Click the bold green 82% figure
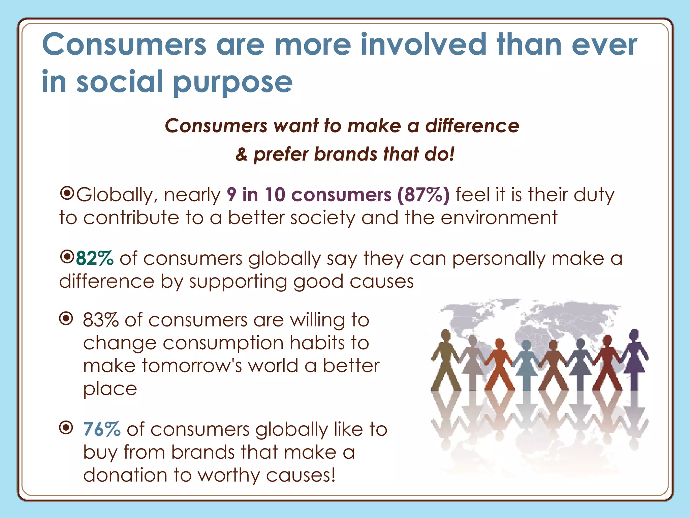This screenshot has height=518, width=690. pyautogui.click(x=95, y=259)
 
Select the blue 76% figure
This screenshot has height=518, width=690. pyautogui.click(x=102, y=429)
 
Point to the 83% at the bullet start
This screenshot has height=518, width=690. pyautogui.click(x=101, y=320)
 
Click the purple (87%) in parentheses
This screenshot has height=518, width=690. pyautogui.click(x=424, y=195)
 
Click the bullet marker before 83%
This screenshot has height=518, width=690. pyautogui.click(x=66, y=318)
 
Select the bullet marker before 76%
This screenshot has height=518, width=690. pyautogui.click(x=66, y=428)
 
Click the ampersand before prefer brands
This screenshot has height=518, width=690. pyautogui.click(x=242, y=154)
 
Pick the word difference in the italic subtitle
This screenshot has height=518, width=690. pyautogui.click(x=472, y=126)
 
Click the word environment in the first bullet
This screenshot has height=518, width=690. pyautogui.click(x=499, y=218)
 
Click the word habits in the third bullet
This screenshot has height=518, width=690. pyautogui.click(x=317, y=343)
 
